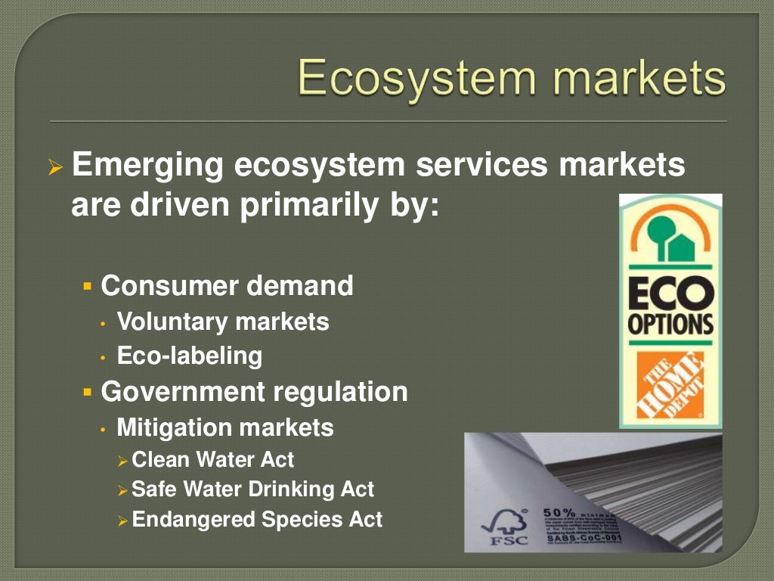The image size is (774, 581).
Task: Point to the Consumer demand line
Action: point(227,286)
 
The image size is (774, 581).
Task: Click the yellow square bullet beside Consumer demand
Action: point(87,287)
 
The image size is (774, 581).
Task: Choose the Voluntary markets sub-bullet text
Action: point(223,322)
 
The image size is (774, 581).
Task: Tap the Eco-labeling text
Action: point(190,356)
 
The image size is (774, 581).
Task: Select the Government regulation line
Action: point(254,392)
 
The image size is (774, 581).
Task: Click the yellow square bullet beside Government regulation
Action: point(87,393)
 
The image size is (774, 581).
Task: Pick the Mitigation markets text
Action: point(224,427)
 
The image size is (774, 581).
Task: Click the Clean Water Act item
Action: point(212,459)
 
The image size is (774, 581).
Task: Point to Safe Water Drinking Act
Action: point(252,489)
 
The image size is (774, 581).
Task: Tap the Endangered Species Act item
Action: point(257,520)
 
